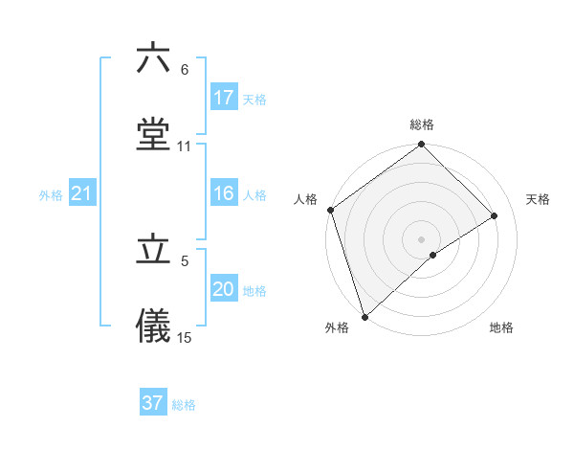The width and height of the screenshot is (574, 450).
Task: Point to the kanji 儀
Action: point(153,326)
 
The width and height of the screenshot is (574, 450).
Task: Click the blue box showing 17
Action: point(224,98)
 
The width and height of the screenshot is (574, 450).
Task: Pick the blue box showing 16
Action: point(224,194)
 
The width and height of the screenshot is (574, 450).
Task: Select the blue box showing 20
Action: point(224,290)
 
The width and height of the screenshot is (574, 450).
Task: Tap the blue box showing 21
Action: point(82,194)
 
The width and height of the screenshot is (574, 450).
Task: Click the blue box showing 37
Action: point(153,403)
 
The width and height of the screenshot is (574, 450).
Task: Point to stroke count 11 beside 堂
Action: point(185,146)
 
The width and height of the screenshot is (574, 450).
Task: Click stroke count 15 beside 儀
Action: point(185,338)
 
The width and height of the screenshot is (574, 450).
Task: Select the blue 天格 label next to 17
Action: point(254,99)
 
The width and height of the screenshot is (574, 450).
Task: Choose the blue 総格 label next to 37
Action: point(184,404)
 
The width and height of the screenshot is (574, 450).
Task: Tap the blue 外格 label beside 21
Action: point(51,195)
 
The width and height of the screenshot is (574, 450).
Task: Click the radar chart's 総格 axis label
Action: point(422,124)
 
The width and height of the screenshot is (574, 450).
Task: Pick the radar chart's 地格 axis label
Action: point(501,328)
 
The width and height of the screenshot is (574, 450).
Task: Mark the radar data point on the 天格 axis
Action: point(495,215)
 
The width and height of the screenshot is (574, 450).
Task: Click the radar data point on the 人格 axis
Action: point(330,210)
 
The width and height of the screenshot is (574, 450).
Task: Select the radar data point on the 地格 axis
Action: point(433,255)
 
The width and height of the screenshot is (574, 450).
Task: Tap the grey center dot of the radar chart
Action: point(421,238)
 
